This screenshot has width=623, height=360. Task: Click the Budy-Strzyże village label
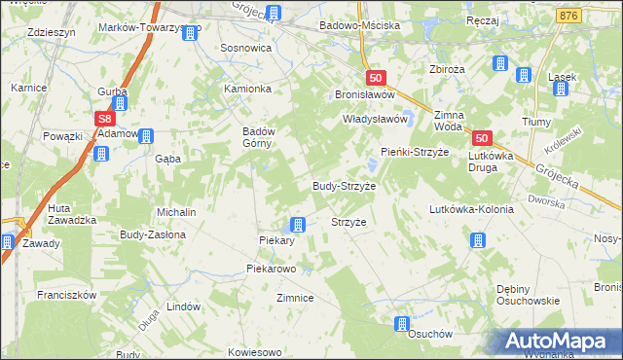coord(344,185)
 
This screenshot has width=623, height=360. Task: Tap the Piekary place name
coord(276,240)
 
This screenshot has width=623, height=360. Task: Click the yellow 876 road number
coord(570,17)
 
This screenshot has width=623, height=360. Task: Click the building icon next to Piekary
coord(299,225)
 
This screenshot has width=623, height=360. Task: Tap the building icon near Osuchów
coord(402,325)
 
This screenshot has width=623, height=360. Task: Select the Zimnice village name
coord(295,298)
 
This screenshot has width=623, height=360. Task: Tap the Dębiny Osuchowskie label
coord(529,294)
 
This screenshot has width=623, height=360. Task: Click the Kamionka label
coord(248,88)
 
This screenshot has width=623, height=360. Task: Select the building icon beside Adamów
coord(146,136)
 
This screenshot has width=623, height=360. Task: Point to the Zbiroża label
coord(434,69)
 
